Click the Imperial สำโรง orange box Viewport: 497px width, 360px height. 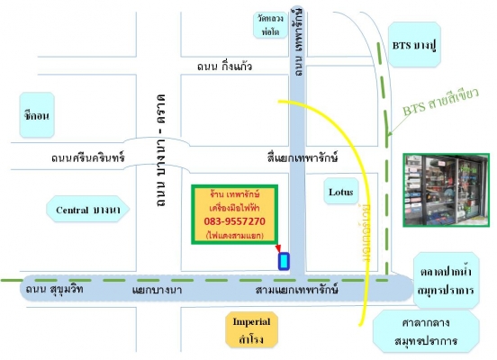click(x=252, y=330)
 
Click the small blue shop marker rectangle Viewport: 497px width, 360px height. click(x=285, y=261)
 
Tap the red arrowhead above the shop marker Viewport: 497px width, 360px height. click(x=278, y=247)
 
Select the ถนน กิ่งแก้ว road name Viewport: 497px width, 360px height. click(x=224, y=67)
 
